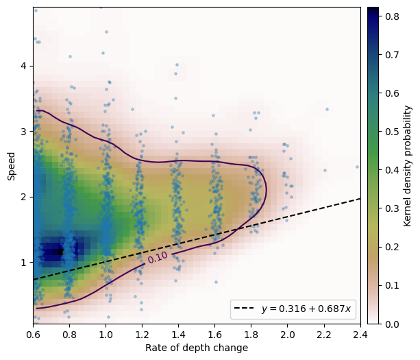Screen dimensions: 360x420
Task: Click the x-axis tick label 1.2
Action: click(x=142, y=335)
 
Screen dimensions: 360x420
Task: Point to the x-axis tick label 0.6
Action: click(x=33, y=335)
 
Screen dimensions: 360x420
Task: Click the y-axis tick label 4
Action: click(x=23, y=66)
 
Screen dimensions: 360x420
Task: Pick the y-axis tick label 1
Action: click(x=23, y=263)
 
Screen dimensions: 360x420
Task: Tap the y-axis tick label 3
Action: click(x=23, y=132)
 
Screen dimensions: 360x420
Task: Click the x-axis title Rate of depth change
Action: click(x=197, y=348)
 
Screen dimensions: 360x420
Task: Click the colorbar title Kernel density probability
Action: click(x=408, y=166)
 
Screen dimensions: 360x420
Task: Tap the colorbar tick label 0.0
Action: click(x=392, y=324)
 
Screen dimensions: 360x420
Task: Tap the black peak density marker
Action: click(x=60, y=252)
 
